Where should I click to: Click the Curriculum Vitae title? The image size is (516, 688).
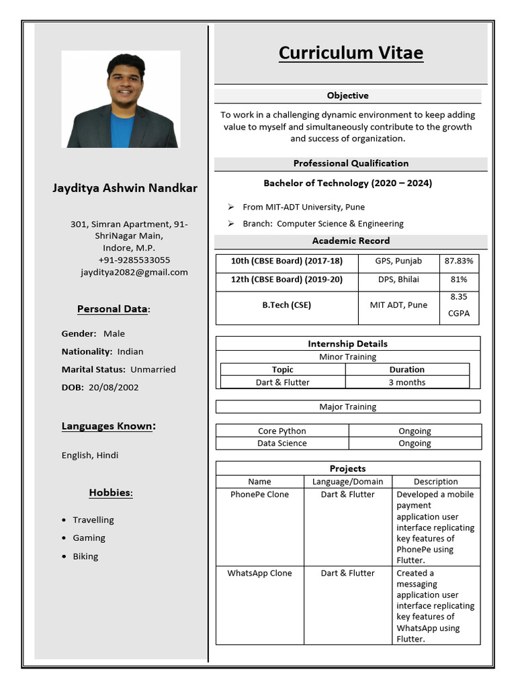click(x=351, y=53)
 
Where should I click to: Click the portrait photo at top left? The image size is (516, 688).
click(x=121, y=99)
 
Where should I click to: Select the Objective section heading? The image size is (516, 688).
click(x=347, y=95)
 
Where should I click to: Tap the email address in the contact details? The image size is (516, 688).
click(x=134, y=272)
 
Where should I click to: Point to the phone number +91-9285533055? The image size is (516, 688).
click(x=134, y=260)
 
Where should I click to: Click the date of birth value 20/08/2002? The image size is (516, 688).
click(x=114, y=387)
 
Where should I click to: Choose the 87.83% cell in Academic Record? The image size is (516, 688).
click(x=459, y=261)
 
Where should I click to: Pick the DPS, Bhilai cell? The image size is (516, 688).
click(x=398, y=279)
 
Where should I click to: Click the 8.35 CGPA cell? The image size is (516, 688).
click(x=459, y=305)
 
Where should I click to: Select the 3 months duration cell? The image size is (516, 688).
click(x=406, y=382)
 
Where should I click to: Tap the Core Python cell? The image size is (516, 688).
click(x=282, y=431)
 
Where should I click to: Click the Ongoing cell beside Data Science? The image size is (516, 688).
click(x=415, y=443)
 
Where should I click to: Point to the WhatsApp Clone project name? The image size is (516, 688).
click(x=259, y=573)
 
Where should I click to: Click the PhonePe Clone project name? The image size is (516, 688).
click(x=259, y=494)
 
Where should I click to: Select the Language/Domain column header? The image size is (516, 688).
click(x=347, y=482)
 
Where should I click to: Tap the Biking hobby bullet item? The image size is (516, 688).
click(x=85, y=556)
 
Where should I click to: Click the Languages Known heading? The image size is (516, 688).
click(x=108, y=426)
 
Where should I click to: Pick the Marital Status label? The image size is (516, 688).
click(x=93, y=370)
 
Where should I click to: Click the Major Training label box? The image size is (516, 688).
click(x=347, y=407)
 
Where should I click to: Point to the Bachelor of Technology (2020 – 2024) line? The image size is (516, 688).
click(x=347, y=183)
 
